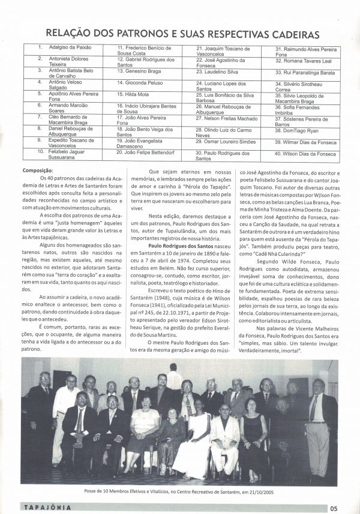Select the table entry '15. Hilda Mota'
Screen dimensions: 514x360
(134, 94)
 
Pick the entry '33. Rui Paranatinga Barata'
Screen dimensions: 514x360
(304, 72)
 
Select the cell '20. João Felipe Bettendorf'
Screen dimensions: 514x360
(146, 153)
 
